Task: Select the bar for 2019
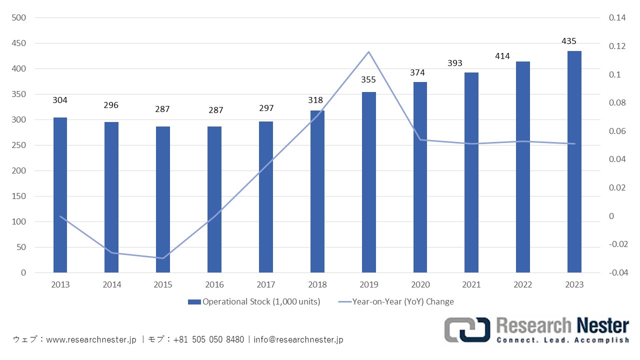(x=369, y=182)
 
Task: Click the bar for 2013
(x=60, y=195)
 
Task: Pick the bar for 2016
(x=214, y=199)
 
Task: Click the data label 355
(x=368, y=79)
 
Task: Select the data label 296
(x=111, y=105)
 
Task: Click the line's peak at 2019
(x=368, y=51)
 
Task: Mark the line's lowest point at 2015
(x=162, y=258)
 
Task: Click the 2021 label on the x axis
(x=471, y=285)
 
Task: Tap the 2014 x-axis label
(x=111, y=285)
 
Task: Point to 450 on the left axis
(x=19, y=43)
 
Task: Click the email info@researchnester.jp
(x=298, y=339)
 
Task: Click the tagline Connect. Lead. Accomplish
(x=562, y=340)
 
